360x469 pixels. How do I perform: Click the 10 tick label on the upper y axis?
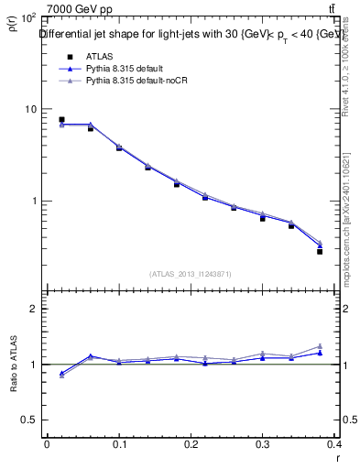[30, 109]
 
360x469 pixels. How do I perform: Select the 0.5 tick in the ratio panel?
[30, 420]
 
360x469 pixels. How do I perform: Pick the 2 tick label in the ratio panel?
[34, 309]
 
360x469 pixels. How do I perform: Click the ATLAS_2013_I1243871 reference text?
[191, 274]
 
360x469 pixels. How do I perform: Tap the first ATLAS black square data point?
[61, 119]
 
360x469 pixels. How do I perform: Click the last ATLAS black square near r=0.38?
[320, 251]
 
